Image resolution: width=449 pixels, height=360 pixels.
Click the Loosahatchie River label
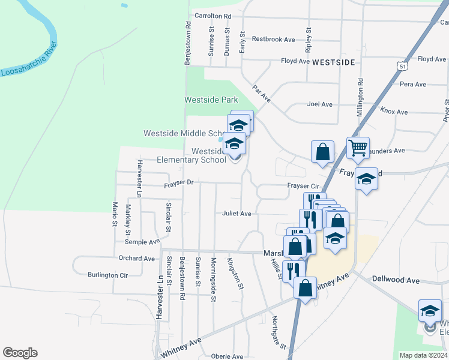tap(29, 61)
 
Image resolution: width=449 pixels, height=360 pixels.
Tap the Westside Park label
tap(211, 100)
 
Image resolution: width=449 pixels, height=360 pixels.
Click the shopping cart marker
tap(358, 147)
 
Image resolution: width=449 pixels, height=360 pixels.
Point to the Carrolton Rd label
tap(212, 16)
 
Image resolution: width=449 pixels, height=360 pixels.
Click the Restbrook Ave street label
tap(273, 39)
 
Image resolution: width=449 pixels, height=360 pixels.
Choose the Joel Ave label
tap(319, 104)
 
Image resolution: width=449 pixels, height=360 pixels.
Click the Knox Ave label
tap(394, 112)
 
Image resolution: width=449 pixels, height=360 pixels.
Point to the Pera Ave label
tap(412, 85)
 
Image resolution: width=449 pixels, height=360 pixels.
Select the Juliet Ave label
tap(237, 213)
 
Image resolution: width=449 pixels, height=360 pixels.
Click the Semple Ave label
tap(142, 242)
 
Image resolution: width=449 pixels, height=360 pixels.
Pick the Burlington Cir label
tap(107, 275)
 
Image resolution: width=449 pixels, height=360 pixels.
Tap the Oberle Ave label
tap(227, 356)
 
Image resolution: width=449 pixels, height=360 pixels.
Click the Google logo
tap(20, 353)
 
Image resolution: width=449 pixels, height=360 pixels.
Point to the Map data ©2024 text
tap(423, 355)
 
